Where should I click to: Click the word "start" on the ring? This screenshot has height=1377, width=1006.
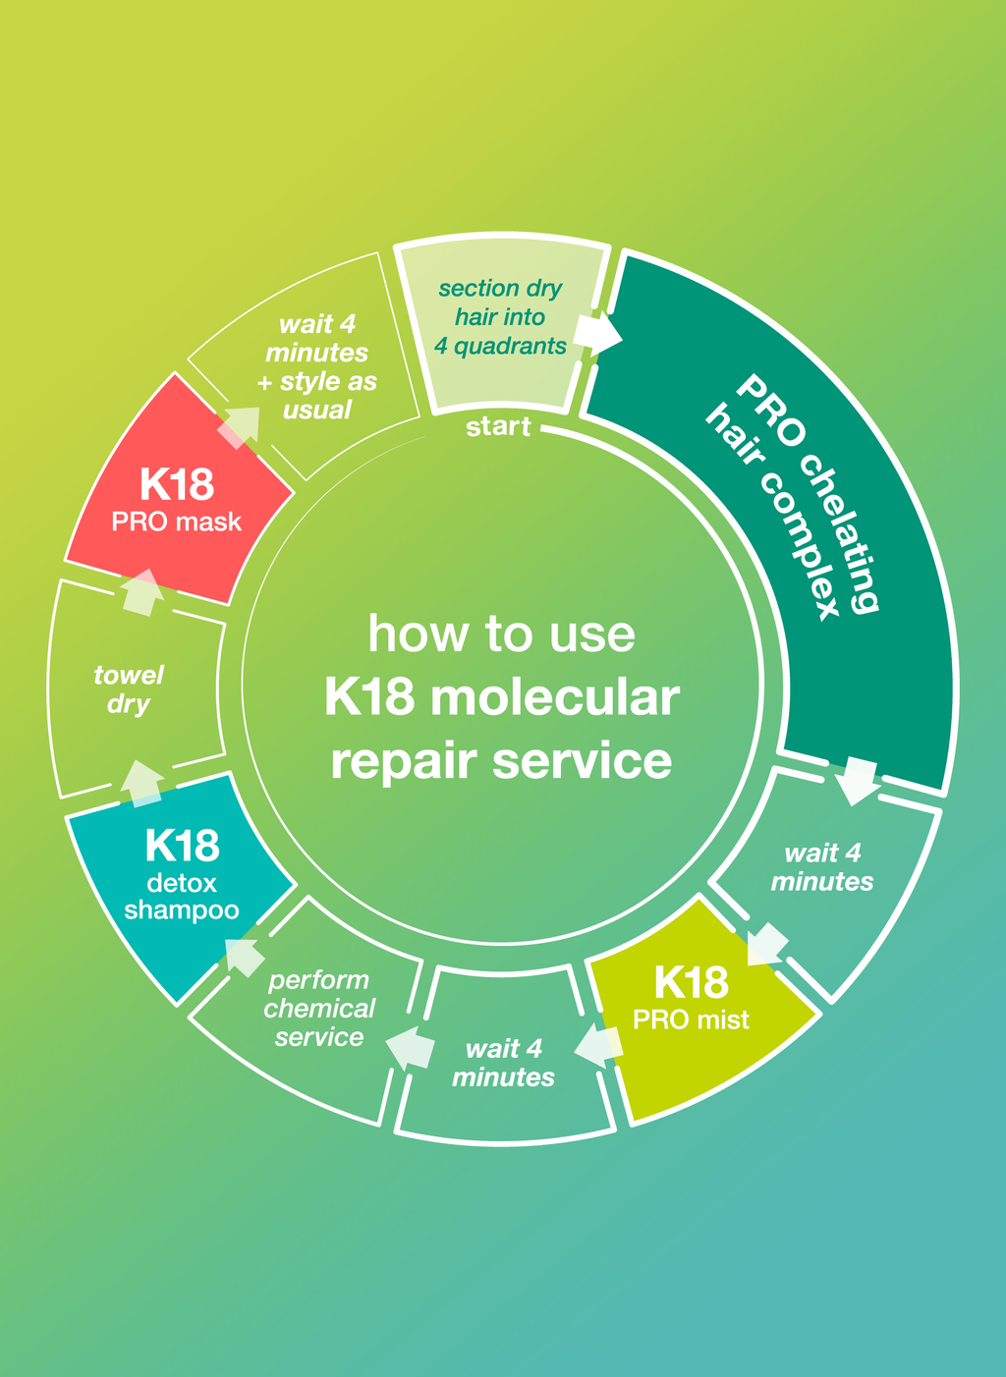pyautogui.click(x=498, y=426)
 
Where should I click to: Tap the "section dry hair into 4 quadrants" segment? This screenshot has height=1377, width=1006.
pyautogui.click(x=501, y=317)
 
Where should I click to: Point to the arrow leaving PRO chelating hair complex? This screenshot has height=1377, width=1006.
pyautogui.click(x=858, y=780)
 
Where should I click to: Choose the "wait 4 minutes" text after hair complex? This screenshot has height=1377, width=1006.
pyautogui.click(x=822, y=867)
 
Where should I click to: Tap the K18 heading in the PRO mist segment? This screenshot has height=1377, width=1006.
pyautogui.click(x=691, y=982)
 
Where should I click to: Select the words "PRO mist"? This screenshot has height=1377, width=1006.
pyautogui.click(x=691, y=1019)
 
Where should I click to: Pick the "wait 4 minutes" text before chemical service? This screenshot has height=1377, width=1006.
pyautogui.click(x=503, y=1064)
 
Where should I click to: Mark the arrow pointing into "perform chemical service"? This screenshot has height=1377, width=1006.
pyautogui.click(x=410, y=1048)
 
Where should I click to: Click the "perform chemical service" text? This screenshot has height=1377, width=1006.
pyautogui.click(x=319, y=1009)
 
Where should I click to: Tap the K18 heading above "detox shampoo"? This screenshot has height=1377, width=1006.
pyautogui.click(x=182, y=846)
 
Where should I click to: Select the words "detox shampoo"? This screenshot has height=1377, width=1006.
pyautogui.click(x=182, y=897)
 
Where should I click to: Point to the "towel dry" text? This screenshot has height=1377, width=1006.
pyautogui.click(x=129, y=689)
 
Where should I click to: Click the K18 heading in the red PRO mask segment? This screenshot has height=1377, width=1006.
pyautogui.click(x=177, y=485)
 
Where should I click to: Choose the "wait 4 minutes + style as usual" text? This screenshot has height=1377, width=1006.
pyautogui.click(x=317, y=367)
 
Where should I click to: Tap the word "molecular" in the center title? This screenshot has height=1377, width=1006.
pyautogui.click(x=554, y=698)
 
